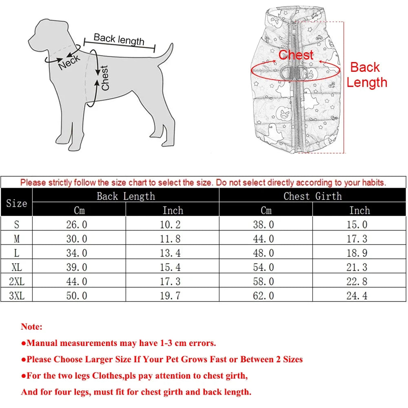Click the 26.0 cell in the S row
click(x=77, y=224)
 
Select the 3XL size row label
click(x=17, y=295)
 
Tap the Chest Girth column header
click(x=313, y=196)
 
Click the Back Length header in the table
click(x=126, y=196)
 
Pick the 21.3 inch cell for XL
click(x=357, y=267)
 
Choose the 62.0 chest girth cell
click(x=264, y=295)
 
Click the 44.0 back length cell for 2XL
click(x=77, y=282)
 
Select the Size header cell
click(x=17, y=203)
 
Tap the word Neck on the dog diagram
click(x=70, y=62)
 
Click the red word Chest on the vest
click(x=296, y=55)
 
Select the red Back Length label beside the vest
click(x=366, y=75)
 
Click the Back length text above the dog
click(x=119, y=40)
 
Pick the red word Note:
click(x=32, y=327)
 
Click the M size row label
click(x=17, y=239)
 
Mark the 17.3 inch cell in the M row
click(x=357, y=239)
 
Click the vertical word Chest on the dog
click(x=105, y=78)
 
